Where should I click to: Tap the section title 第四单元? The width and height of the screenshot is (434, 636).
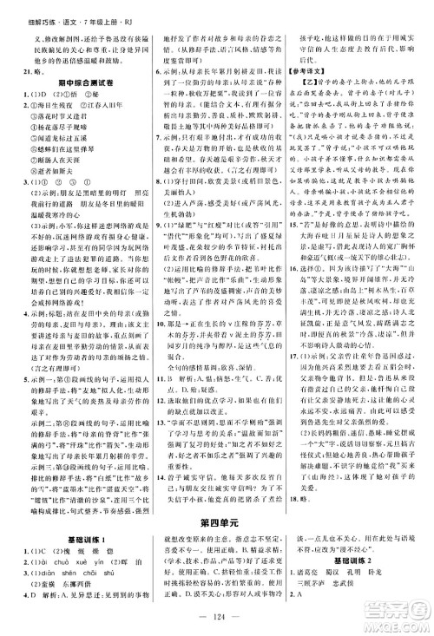(216, 495)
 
